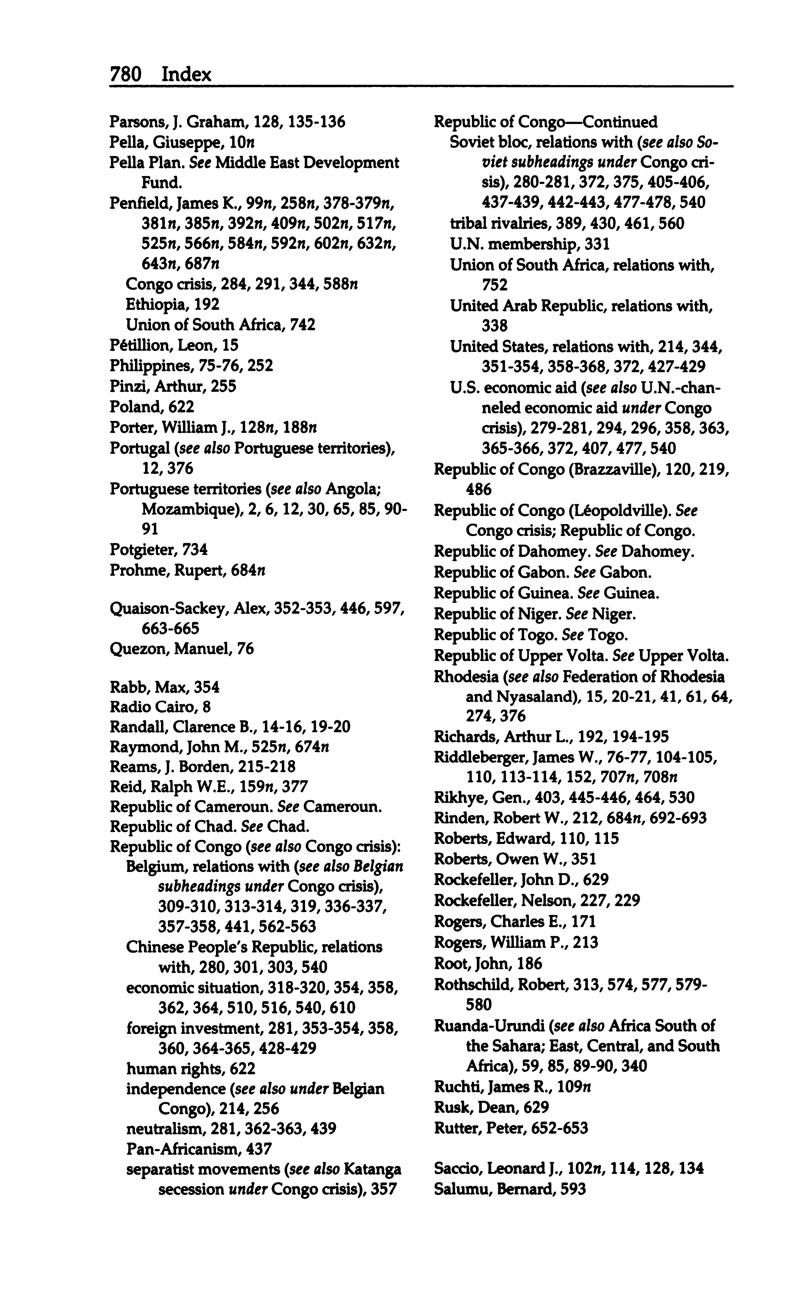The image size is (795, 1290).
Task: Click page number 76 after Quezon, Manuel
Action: pyautogui.click(x=245, y=649)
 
